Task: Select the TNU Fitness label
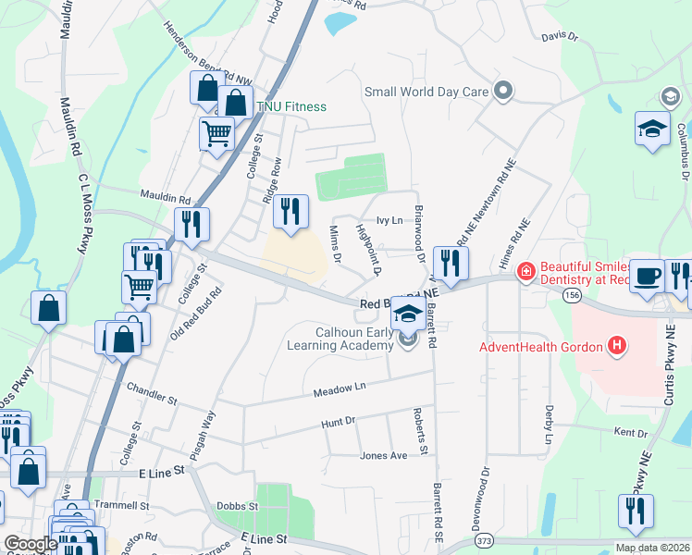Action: (291, 106)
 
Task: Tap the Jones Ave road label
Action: (384, 456)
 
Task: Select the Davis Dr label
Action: (560, 38)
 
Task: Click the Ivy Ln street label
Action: (389, 220)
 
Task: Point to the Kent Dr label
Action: (631, 432)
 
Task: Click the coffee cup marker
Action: (649, 275)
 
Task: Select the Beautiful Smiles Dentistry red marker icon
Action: (525, 271)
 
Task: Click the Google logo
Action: (31, 544)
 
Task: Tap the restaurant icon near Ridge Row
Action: (290, 211)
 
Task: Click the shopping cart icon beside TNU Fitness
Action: (217, 133)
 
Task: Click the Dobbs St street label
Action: (239, 506)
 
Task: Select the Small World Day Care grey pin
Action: (503, 91)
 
